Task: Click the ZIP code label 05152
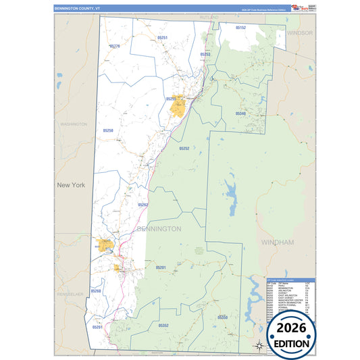point(240,28)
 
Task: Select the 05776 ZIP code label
point(114,46)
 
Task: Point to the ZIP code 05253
point(205,53)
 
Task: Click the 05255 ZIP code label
point(171,99)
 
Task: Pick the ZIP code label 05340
point(240,113)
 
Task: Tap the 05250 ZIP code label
point(107,130)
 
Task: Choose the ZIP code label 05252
point(184,148)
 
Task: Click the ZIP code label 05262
point(143,205)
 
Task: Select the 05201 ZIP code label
point(161,267)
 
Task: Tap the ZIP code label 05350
point(223,317)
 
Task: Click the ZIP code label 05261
point(97,327)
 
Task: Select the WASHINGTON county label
point(74,124)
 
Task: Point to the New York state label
point(72,185)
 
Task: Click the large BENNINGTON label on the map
point(159,229)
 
